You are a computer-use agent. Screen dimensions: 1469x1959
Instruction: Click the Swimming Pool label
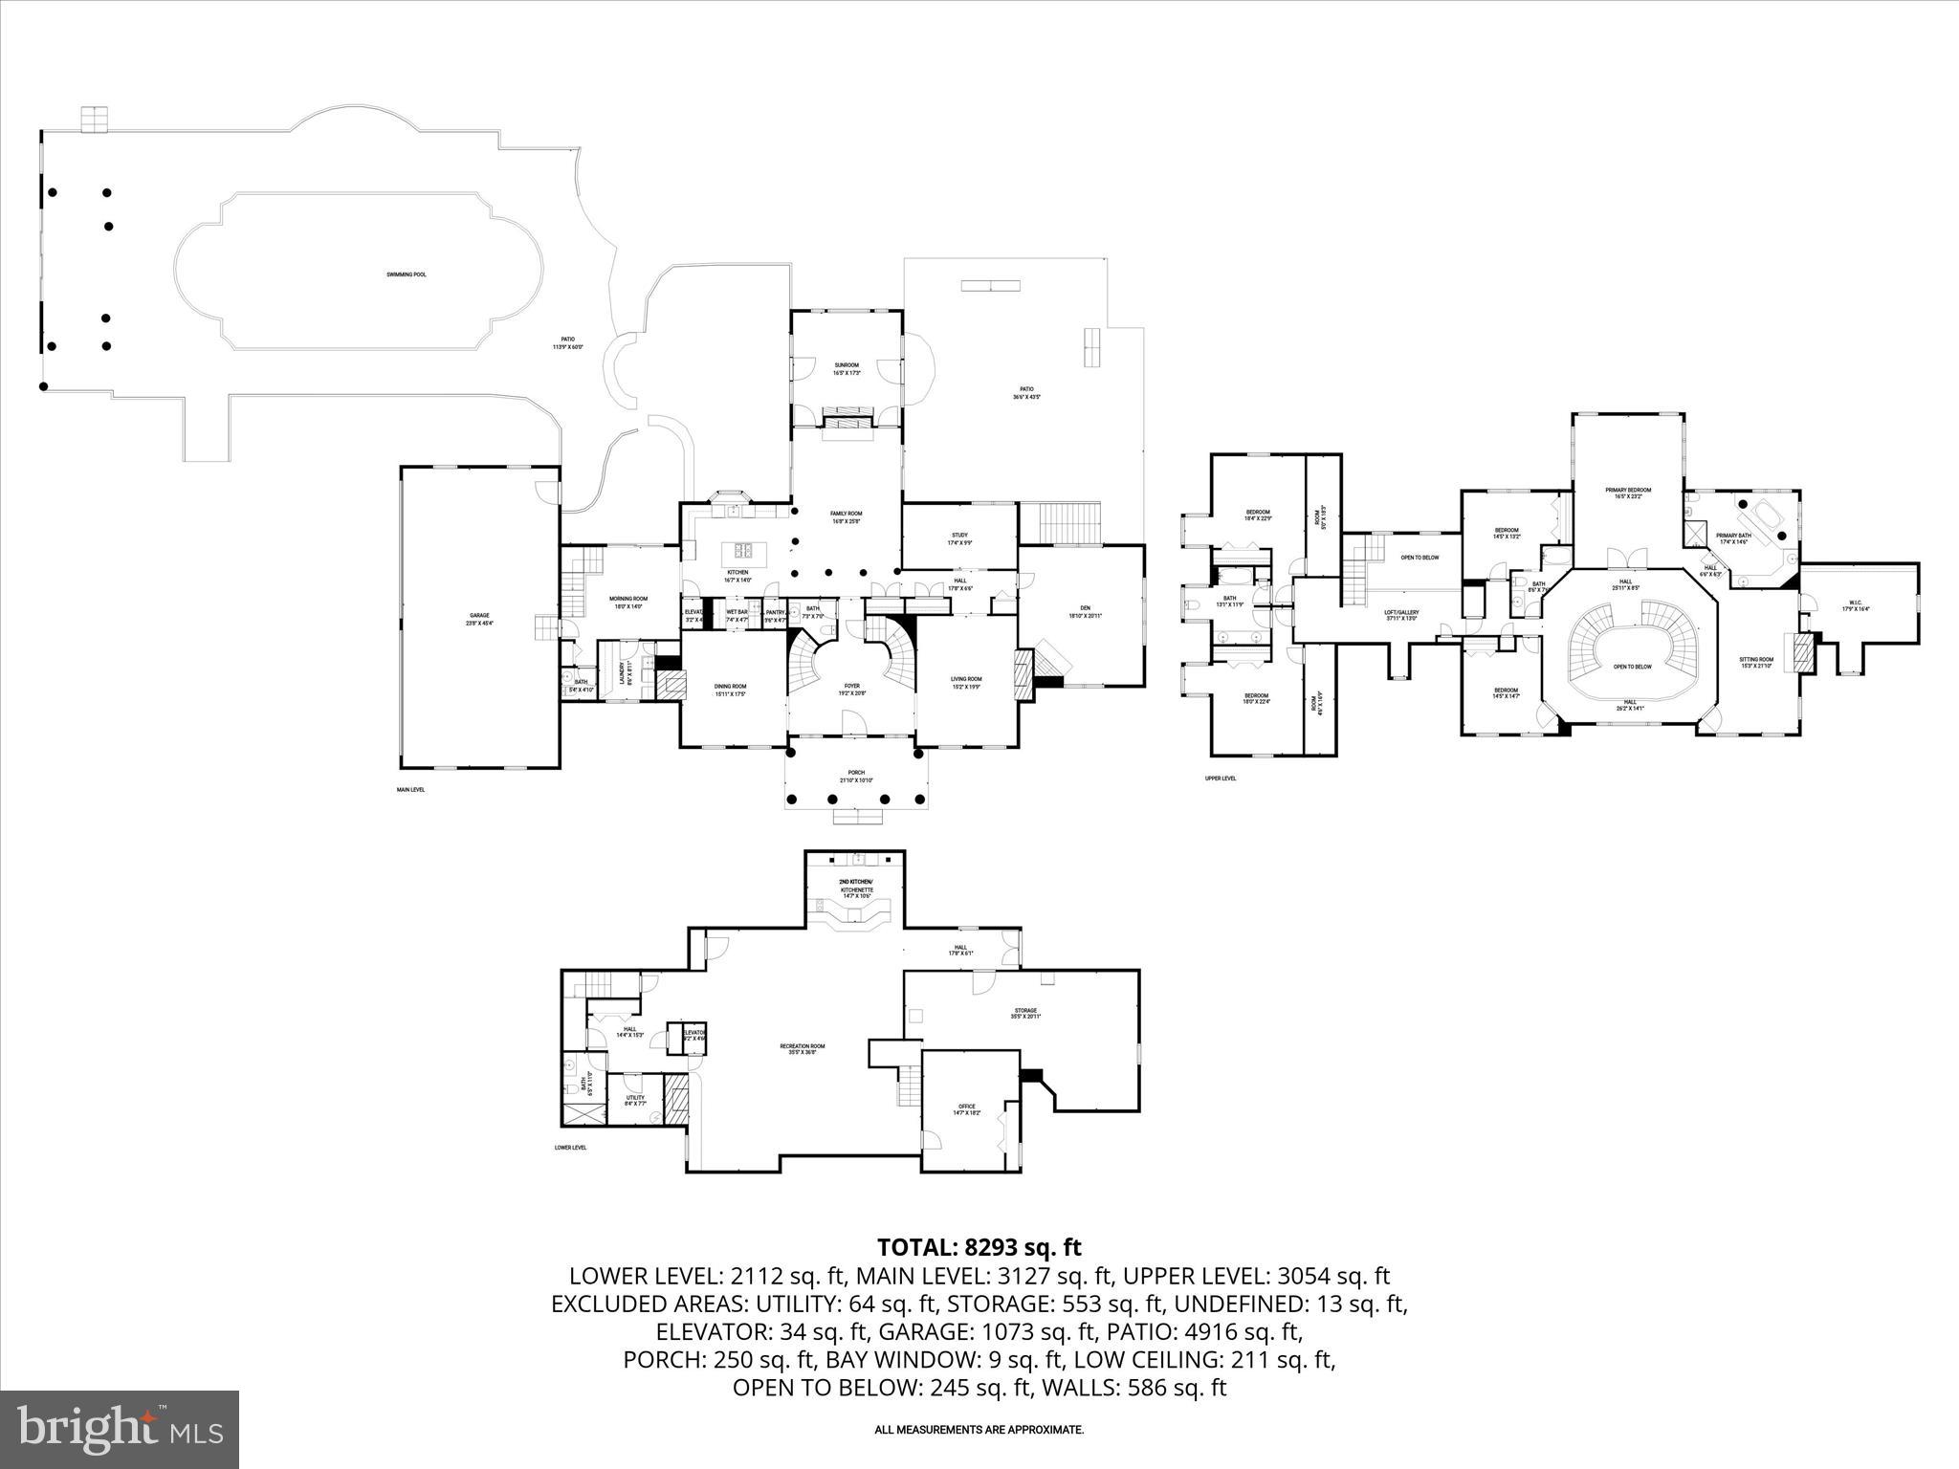pyautogui.click(x=407, y=274)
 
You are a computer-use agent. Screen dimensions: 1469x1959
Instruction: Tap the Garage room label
pyautogui.click(x=480, y=619)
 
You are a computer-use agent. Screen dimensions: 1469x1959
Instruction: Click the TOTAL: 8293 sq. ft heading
pyautogui.click(x=979, y=1247)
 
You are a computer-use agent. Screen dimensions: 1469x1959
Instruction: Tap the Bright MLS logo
pyautogui.click(x=121, y=1429)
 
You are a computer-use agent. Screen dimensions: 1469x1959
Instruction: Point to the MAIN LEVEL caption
pyautogui.click(x=411, y=790)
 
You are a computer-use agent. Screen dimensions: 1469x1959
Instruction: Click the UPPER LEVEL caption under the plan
pyautogui.click(x=1221, y=778)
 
